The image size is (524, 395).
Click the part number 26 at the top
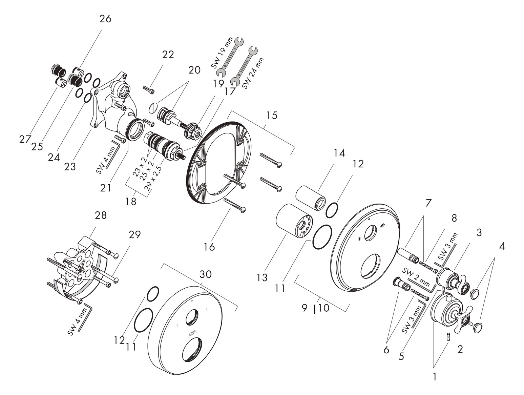(x=105, y=19)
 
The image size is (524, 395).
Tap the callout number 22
(x=168, y=54)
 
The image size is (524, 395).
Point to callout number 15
(x=272, y=115)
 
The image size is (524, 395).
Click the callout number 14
(x=339, y=153)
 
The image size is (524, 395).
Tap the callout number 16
(x=209, y=247)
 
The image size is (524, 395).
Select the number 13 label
(x=262, y=278)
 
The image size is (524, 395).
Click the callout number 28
(x=101, y=215)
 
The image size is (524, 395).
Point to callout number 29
(x=134, y=234)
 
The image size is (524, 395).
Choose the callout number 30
(x=206, y=274)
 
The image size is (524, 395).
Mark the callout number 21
(x=106, y=187)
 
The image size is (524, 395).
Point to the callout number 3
(x=479, y=232)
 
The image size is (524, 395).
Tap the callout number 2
(x=460, y=349)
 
